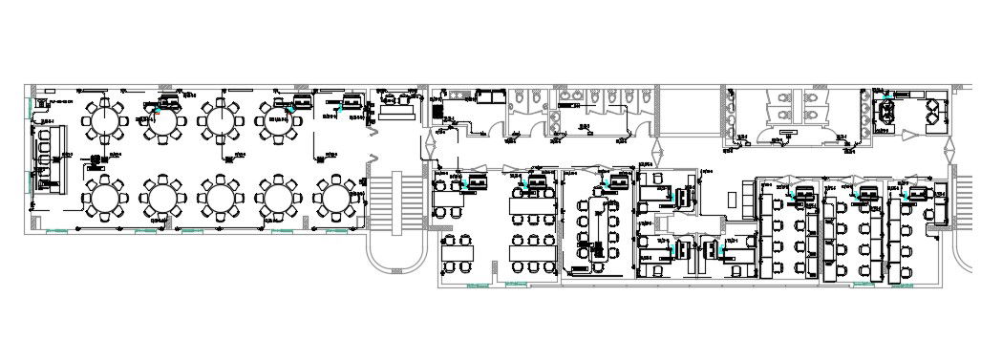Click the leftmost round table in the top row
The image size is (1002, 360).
(x=103, y=120)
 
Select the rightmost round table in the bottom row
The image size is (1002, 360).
(x=335, y=198)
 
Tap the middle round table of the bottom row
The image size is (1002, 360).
(x=221, y=198)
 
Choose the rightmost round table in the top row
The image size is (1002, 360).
(x=277, y=121)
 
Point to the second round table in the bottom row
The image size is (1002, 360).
(x=162, y=198)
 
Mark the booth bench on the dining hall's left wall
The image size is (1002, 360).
(x=42, y=153)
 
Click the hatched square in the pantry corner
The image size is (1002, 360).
(x=437, y=112)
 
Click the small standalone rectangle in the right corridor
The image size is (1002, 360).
(x=733, y=199)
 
